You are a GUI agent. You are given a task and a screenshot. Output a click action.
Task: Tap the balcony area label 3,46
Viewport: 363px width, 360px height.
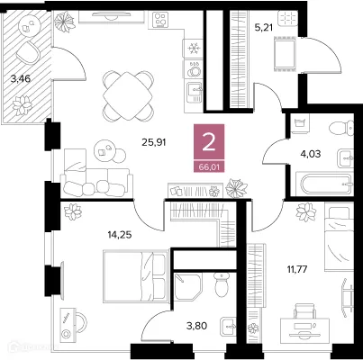pos(19,79)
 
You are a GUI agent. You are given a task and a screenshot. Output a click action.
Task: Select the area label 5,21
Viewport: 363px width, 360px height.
pos(263,27)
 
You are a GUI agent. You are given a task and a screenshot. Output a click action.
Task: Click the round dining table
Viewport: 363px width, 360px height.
pos(123,89)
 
